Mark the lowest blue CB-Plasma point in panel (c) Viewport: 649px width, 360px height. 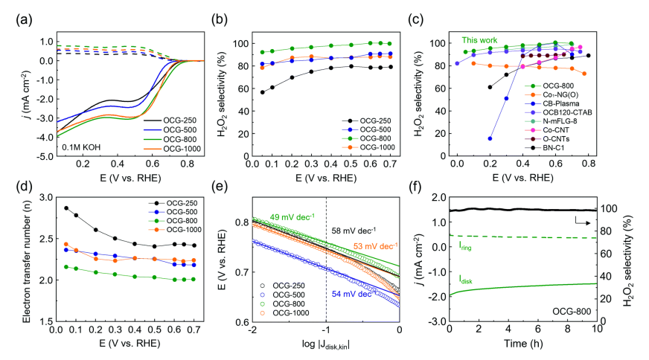(490, 138)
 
